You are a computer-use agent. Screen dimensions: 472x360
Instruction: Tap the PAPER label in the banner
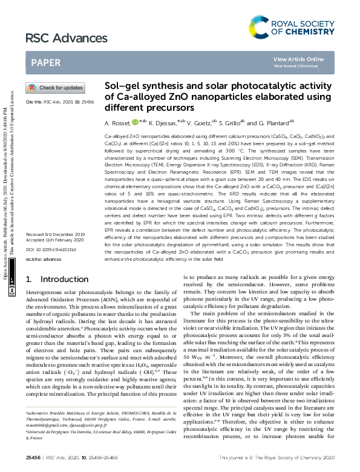(45, 62)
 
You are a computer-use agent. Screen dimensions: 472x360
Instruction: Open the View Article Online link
(298, 59)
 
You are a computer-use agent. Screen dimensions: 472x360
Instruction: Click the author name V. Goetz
(198, 122)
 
